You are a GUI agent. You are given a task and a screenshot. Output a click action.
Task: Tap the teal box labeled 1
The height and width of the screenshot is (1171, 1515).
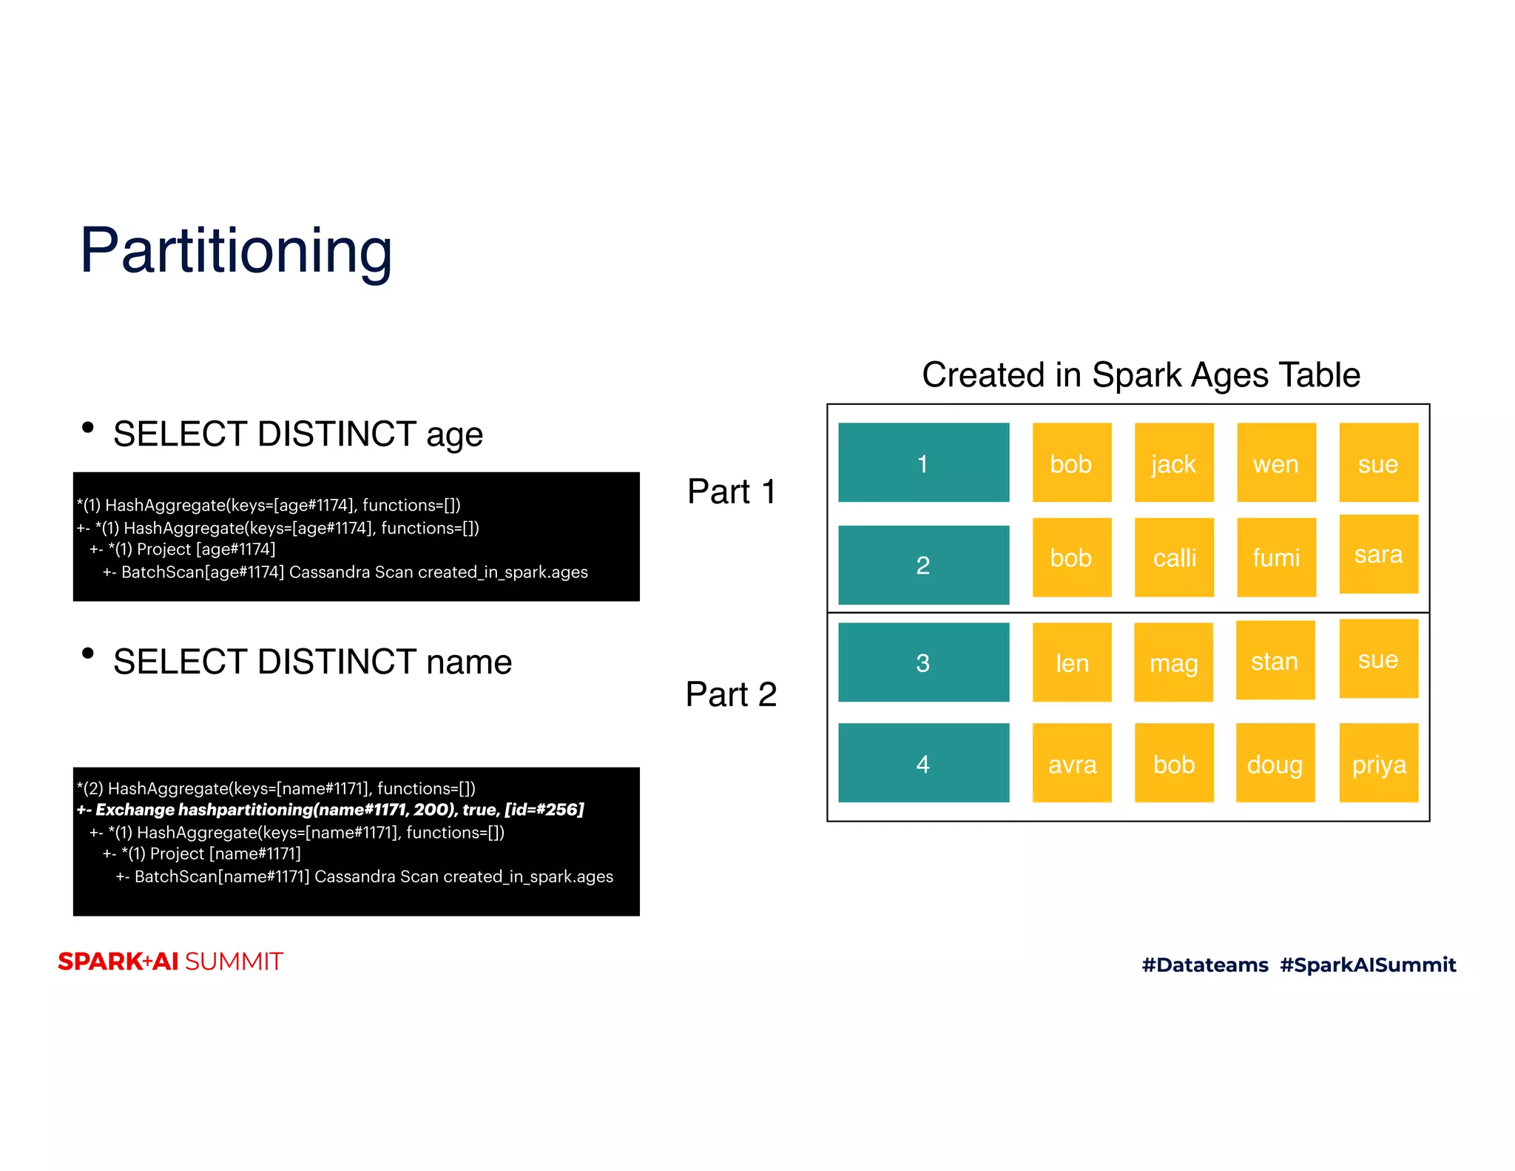pyautogui.click(x=922, y=463)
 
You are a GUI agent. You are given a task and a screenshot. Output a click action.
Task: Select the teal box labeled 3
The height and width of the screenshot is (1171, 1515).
pyautogui.click(x=922, y=662)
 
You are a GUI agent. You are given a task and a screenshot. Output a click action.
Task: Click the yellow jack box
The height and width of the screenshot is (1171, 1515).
pyautogui.click(x=1173, y=463)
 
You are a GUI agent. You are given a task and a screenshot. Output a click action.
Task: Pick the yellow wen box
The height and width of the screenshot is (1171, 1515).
pyautogui.click(x=1275, y=463)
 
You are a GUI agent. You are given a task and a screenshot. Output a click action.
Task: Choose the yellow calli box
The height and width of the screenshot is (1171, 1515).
pyautogui.click(x=1173, y=557)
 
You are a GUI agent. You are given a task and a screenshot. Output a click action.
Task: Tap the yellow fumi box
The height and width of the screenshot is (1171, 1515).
pyautogui.click(x=1275, y=557)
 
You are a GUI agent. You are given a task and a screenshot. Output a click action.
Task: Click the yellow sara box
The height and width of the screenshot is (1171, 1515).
pyautogui.click(x=1377, y=554)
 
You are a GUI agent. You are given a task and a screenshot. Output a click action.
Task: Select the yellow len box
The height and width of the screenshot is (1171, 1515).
pyautogui.click(x=1071, y=662)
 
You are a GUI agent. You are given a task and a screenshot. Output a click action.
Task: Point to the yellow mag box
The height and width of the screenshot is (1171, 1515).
pyautogui.click(x=1173, y=662)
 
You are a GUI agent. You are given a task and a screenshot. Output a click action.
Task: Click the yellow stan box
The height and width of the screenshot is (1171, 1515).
pyautogui.click(x=1275, y=660)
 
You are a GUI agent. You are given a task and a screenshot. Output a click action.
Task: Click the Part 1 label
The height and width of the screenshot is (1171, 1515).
pyautogui.click(x=731, y=491)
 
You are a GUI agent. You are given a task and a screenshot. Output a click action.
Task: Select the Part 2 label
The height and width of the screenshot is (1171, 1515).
pyautogui.click(x=731, y=694)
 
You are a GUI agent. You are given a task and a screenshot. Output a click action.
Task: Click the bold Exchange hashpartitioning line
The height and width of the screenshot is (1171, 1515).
pyautogui.click(x=330, y=809)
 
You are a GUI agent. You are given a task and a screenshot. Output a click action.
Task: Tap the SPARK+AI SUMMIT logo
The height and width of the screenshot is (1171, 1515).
pyautogui.click(x=170, y=961)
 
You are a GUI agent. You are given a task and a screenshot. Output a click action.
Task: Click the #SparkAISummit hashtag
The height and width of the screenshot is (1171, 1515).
pyautogui.click(x=1367, y=964)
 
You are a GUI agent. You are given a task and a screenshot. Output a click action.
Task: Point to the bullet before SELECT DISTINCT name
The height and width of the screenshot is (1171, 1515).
pyautogui.click(x=88, y=653)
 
